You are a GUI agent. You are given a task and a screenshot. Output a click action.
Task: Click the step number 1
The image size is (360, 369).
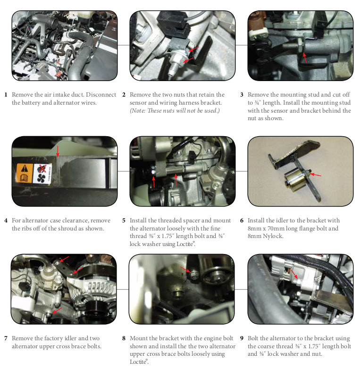(6, 95)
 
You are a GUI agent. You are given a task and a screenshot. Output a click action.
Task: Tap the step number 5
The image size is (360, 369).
(124, 221)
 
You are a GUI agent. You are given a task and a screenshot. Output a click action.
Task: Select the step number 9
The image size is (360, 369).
(242, 338)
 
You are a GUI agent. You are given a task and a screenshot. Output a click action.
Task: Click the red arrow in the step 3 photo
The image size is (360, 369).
(305, 57)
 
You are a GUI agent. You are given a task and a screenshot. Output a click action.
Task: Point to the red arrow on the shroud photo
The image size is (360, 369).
(58, 151)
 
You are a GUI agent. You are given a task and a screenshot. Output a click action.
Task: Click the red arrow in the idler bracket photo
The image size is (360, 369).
(315, 175)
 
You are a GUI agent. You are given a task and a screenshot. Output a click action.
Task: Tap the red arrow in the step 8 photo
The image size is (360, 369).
(185, 270)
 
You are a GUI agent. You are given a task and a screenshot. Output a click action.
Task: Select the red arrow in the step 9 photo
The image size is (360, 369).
(294, 274)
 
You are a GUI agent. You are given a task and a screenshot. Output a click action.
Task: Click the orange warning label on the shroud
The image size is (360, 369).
(25, 173)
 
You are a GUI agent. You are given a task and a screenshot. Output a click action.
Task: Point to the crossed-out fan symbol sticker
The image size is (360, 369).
(42, 174)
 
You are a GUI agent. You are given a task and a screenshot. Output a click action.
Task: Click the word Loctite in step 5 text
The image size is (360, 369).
(185, 244)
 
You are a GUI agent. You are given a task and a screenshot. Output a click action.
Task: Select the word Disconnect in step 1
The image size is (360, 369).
(101, 95)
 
